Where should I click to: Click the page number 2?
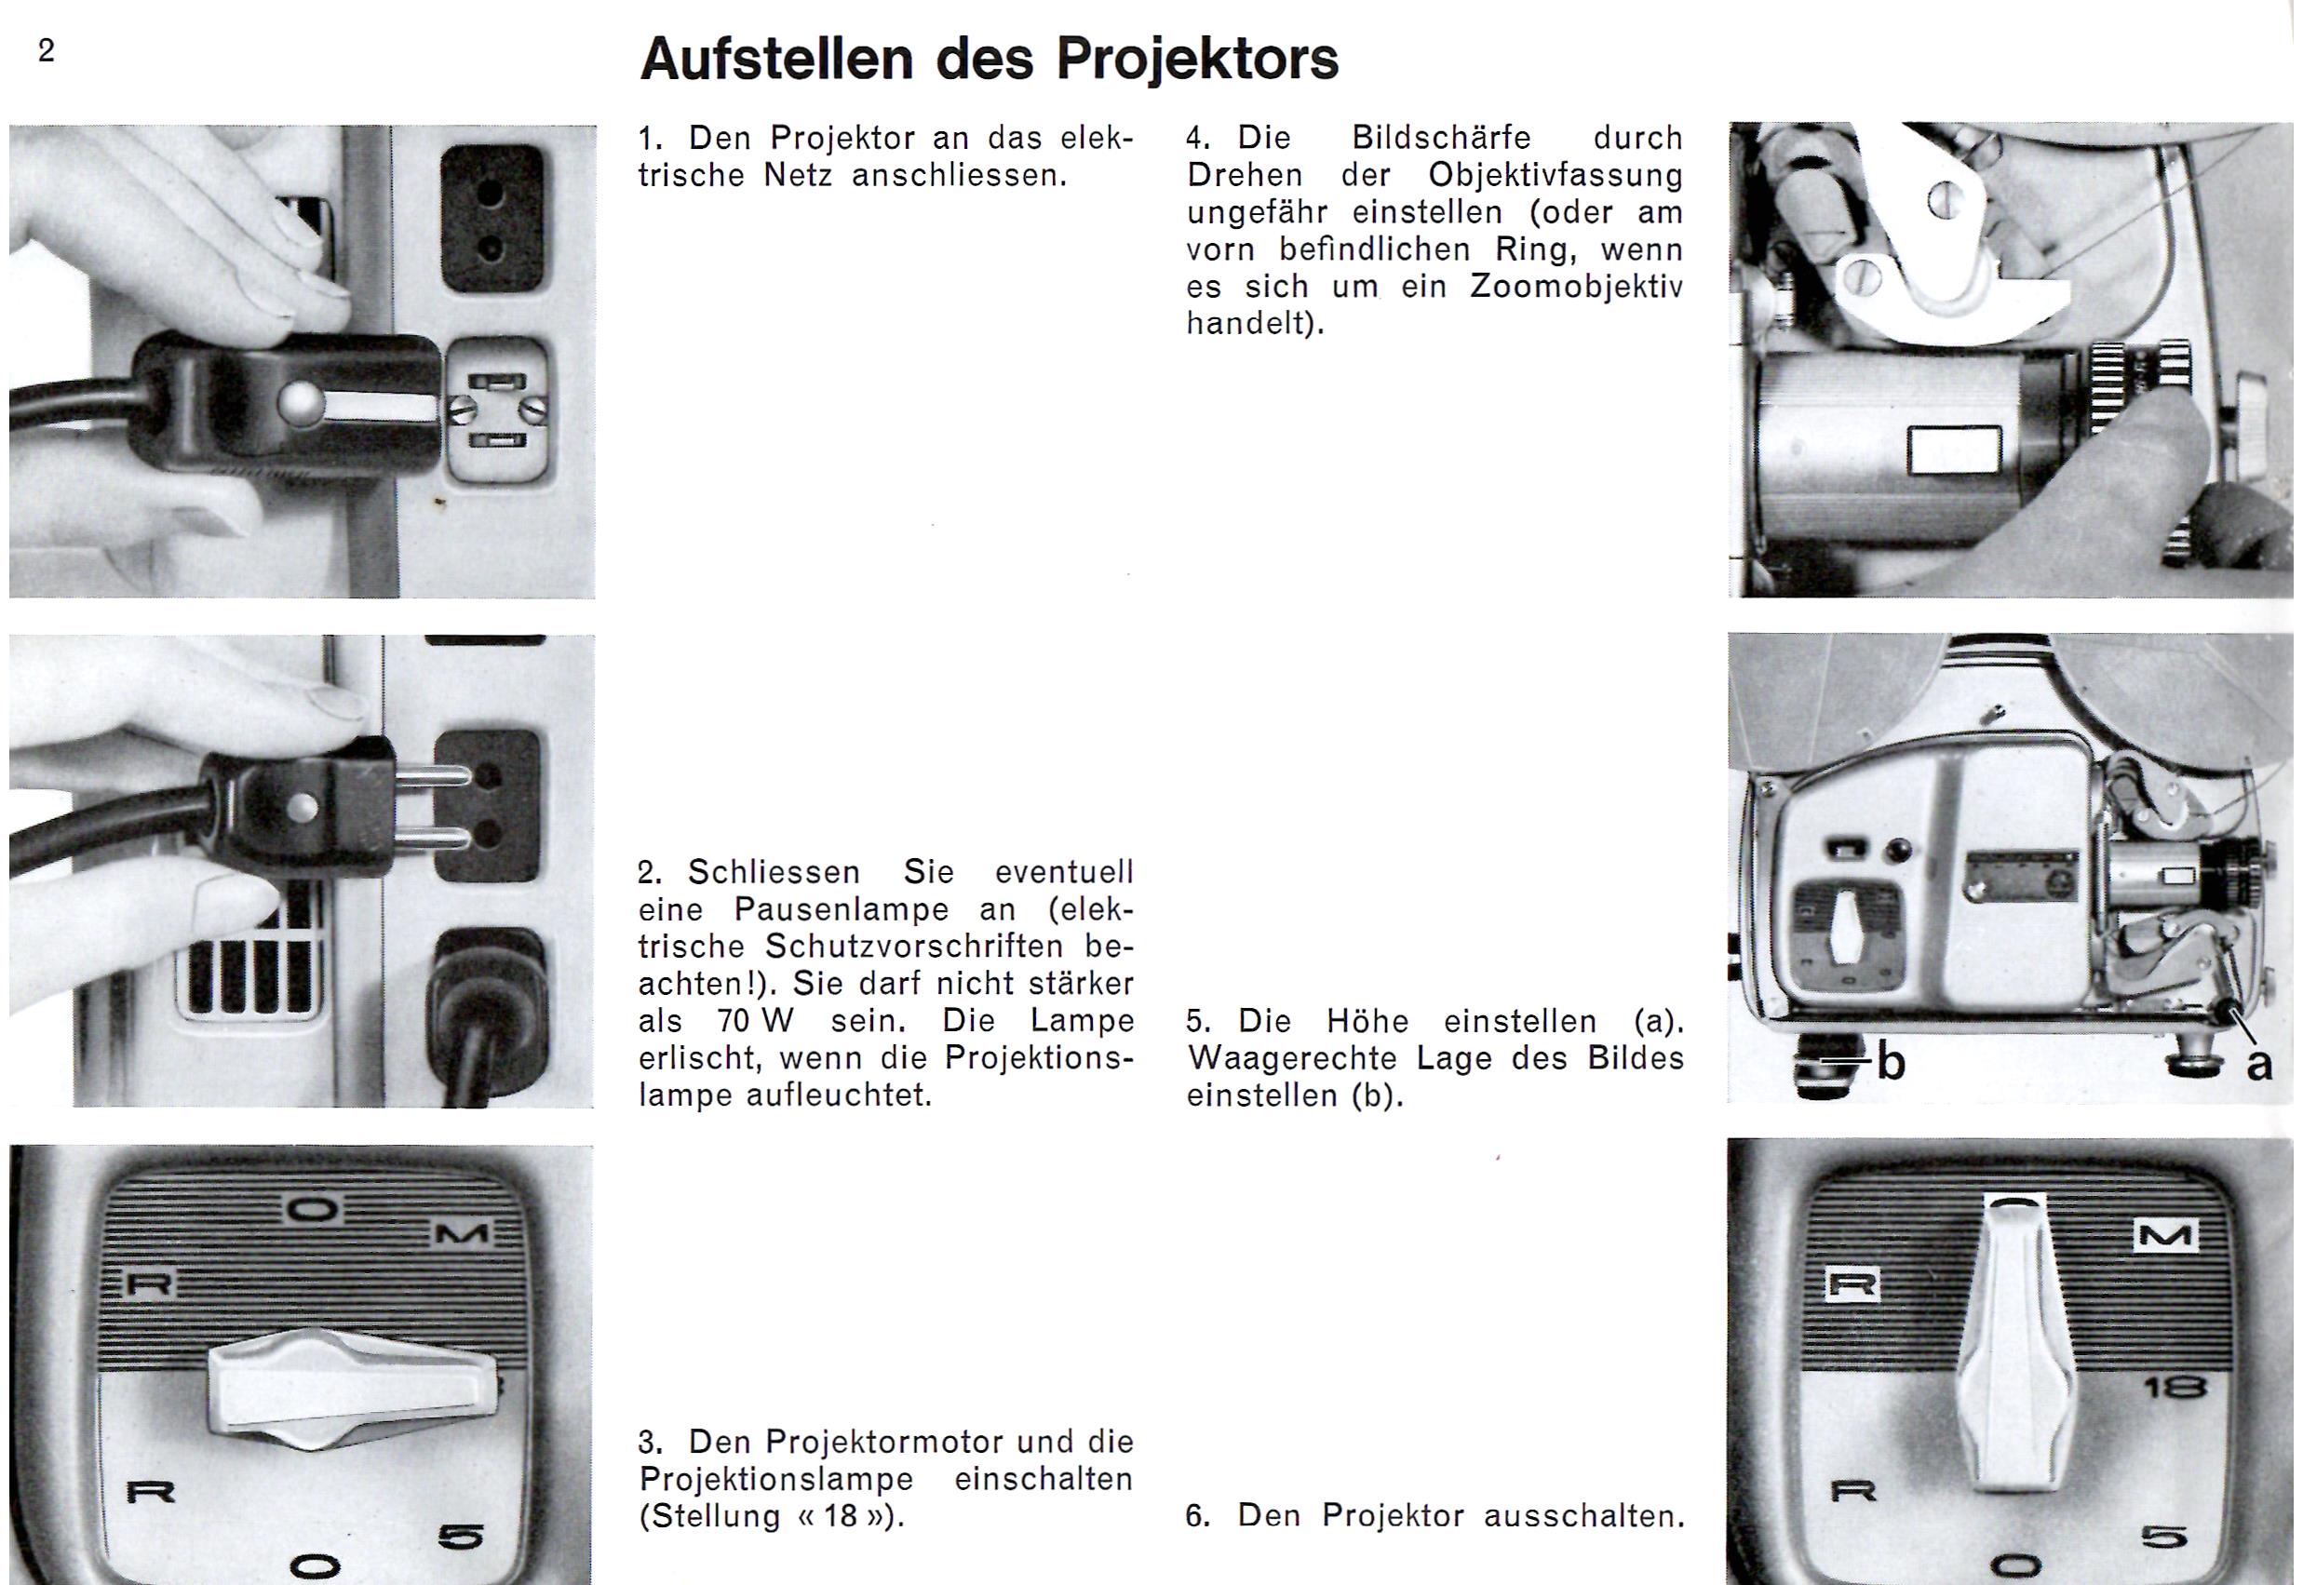46,50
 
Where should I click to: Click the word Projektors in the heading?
1197,60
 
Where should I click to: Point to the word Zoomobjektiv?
1576,287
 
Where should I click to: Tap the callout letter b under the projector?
1892,1063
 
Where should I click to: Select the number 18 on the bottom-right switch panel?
2175,1388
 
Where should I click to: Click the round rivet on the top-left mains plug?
298,401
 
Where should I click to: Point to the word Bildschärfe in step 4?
1442,138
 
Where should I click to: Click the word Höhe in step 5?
1368,1021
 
